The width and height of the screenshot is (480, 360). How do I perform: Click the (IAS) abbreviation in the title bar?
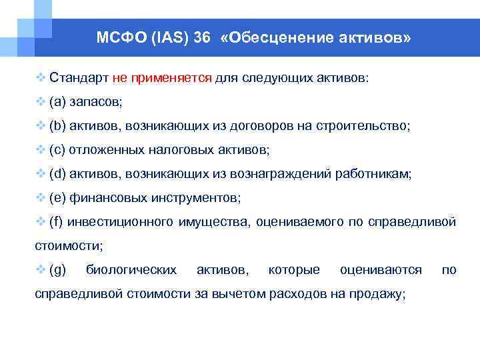(x=164, y=38)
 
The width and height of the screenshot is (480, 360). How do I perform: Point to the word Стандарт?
(x=79, y=78)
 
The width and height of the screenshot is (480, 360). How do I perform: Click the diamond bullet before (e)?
(x=40, y=198)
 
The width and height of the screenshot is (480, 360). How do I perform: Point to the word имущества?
(x=215, y=222)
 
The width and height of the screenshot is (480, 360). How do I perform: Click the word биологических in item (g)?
(x=131, y=270)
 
